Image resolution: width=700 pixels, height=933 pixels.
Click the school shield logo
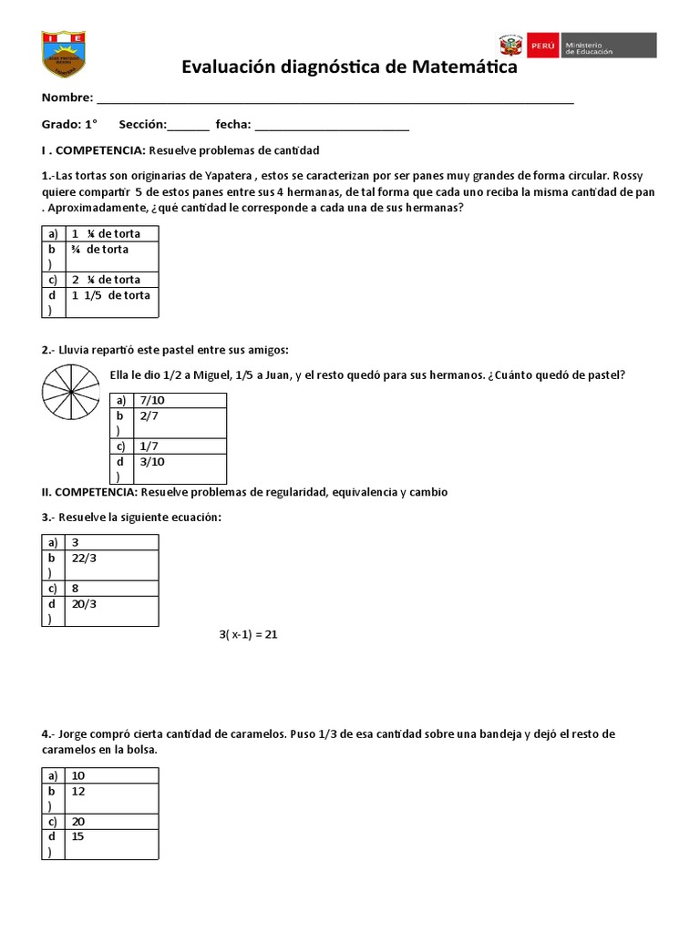tap(64, 55)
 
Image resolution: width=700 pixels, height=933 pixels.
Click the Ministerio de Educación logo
tap(577, 46)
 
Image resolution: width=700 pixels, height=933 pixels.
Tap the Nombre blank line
tap(335, 100)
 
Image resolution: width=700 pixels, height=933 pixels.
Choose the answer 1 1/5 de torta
tap(111, 295)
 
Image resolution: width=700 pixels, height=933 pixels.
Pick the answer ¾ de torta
tap(101, 249)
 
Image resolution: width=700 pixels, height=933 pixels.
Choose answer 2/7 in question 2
tap(149, 415)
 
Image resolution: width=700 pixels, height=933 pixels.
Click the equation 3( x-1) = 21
tap(247, 634)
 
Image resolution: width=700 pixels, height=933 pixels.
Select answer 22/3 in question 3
tap(87, 558)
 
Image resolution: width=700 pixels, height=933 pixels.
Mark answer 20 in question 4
tap(78, 821)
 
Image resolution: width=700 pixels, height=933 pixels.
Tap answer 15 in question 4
tap(78, 836)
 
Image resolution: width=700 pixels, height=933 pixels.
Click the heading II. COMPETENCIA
tap(89, 492)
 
